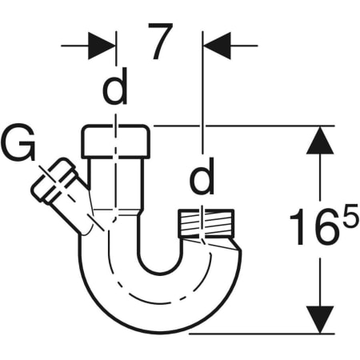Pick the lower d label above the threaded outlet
pyautogui.click(x=202, y=180)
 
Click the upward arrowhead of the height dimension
pyautogui.click(x=320, y=142)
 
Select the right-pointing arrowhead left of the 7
pyautogui.click(x=101, y=44)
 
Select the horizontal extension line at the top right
pyautogui.click(x=240, y=126)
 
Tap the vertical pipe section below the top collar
pyautogui.click(x=115, y=180)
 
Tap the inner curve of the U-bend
pyautogui.click(x=159, y=276)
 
